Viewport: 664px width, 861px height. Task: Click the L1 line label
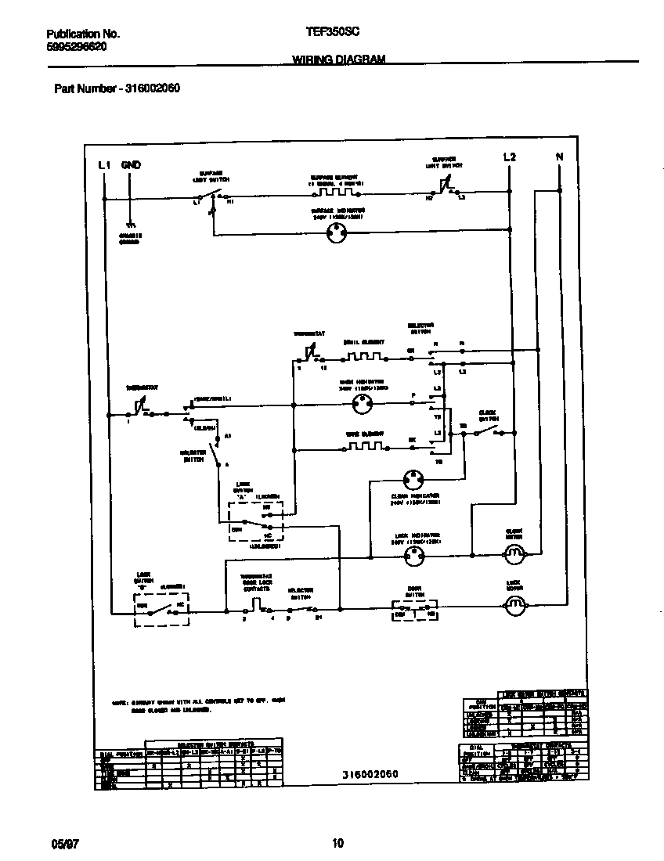pos(104,165)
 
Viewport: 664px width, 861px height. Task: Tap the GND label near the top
pos(131,165)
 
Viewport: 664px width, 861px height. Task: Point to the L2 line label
pos(509,157)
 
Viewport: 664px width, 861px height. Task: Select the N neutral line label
pos(559,157)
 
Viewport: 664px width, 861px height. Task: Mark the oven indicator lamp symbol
pos(362,405)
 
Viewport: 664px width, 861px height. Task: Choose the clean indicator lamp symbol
pos(413,480)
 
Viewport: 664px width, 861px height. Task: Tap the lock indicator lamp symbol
pos(413,557)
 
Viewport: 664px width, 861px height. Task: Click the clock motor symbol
pos(514,555)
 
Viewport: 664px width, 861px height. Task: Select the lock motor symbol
pos(514,604)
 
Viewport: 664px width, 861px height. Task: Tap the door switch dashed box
pos(413,610)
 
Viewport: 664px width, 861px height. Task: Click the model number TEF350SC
pos(333,34)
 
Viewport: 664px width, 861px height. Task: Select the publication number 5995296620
pos(77,46)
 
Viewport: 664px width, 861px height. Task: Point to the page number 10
pos(337,843)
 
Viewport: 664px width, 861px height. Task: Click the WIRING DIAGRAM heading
pos(338,59)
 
